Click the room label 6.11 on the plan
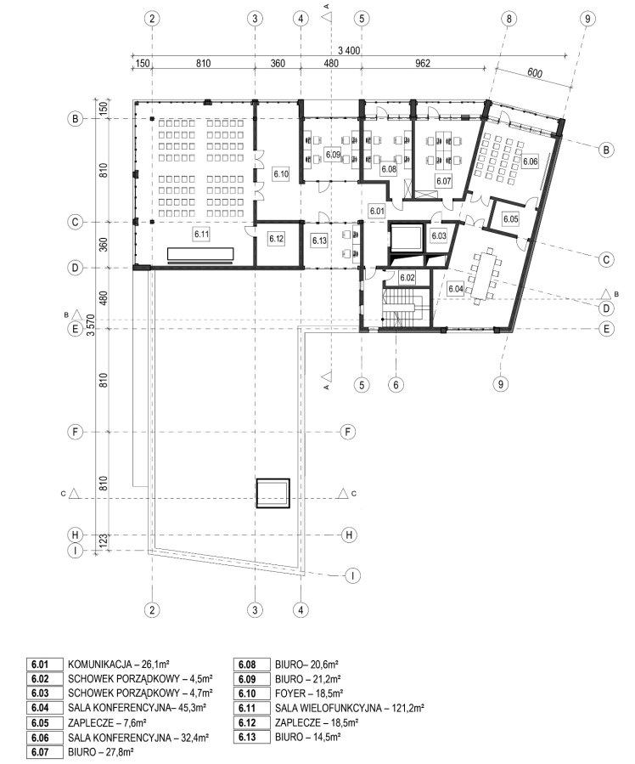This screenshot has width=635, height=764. coord(201,234)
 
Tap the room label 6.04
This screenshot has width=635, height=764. coord(455,289)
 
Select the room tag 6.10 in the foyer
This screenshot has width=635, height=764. coord(281,173)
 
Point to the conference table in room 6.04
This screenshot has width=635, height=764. coord(484,275)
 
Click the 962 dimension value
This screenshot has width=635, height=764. coord(423,64)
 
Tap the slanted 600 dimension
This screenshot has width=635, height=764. coord(534,72)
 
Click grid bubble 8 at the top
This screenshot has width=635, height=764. coord(509,19)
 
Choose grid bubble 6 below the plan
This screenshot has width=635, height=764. coord(396,385)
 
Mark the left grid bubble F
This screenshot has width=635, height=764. coord(75,432)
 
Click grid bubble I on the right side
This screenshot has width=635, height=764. coord(352,575)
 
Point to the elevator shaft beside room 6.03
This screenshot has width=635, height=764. coord(405,237)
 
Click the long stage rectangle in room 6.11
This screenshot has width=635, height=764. coord(200,254)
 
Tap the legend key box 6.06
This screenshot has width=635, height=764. coord(44,738)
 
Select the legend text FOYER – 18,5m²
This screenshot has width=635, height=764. coord(309,693)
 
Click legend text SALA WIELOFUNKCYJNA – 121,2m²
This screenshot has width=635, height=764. coord(350,708)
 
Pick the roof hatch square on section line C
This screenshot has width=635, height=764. coord(273,494)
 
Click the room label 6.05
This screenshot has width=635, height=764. coord(510,219)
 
